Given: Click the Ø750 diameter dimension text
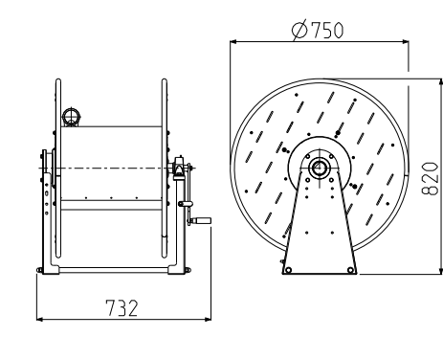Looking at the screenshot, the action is pos(318,30).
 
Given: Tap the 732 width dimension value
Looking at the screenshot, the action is pos(122,308).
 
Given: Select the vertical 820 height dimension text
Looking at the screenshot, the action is pos(430,178).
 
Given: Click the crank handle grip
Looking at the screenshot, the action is pos(204,220).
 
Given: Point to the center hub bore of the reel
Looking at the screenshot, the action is pos(318,168).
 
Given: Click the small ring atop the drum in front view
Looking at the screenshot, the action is pos(71,116).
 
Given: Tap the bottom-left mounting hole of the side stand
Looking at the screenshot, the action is pos(288,270).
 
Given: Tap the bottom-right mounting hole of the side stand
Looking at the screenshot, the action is pos(350,270).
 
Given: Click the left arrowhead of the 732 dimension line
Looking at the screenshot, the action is pos(39,319).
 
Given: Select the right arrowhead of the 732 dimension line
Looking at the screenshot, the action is pos(208,319).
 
